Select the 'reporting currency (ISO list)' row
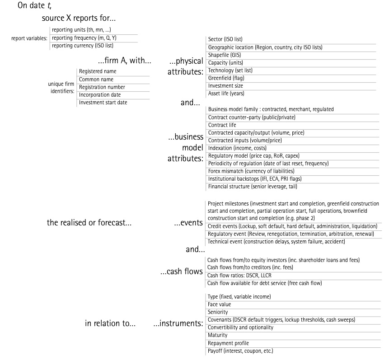(x=82, y=46)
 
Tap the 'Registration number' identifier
(x=102, y=87)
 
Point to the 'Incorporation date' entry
(x=100, y=95)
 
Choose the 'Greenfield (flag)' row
(x=226, y=78)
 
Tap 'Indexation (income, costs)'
(x=237, y=148)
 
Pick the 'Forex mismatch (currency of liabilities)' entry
(x=251, y=171)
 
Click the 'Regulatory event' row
(x=291, y=234)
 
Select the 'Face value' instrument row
(x=219, y=304)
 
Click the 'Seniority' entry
(x=217, y=312)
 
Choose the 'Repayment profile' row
(x=228, y=343)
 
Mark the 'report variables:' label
(x=29, y=38)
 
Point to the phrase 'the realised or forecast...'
(x=89, y=223)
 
